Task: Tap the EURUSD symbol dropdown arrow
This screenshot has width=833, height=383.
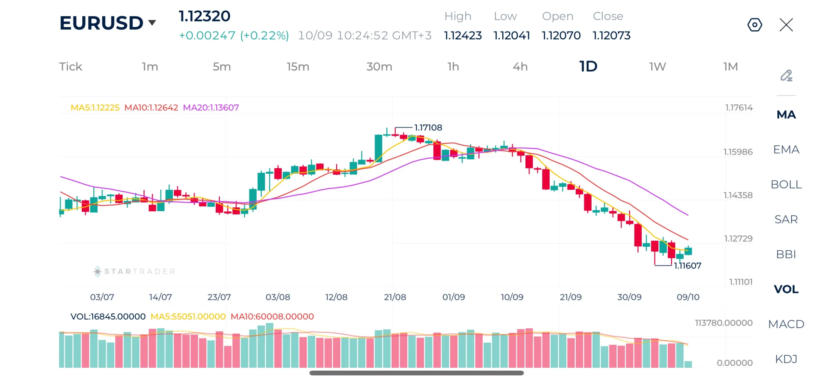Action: point(152,22)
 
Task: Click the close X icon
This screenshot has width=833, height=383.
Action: point(786,25)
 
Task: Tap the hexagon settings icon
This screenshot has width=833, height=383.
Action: point(754,25)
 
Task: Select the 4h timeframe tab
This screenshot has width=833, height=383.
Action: point(520,66)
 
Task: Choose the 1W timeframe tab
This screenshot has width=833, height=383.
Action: point(657,66)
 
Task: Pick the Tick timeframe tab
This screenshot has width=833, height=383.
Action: point(71,66)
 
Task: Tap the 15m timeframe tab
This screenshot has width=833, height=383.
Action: point(298,66)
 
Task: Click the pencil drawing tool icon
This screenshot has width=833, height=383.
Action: point(786,75)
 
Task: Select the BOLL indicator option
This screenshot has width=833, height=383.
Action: point(786,184)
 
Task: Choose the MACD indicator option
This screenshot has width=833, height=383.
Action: point(786,324)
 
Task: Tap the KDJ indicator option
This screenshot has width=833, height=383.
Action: point(786,359)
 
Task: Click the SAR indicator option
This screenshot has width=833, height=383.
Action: point(786,219)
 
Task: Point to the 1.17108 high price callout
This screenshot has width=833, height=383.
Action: point(428,127)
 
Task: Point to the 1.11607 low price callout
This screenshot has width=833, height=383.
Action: point(687,266)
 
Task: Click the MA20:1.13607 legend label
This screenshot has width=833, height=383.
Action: point(211,107)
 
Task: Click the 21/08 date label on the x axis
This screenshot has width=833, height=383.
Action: point(395,297)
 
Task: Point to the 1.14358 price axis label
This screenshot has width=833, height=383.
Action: point(738,195)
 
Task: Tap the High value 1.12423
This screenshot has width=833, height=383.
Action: point(463,35)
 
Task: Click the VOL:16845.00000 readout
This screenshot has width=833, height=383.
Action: point(108,316)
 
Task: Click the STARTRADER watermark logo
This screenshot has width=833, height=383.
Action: point(134,271)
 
